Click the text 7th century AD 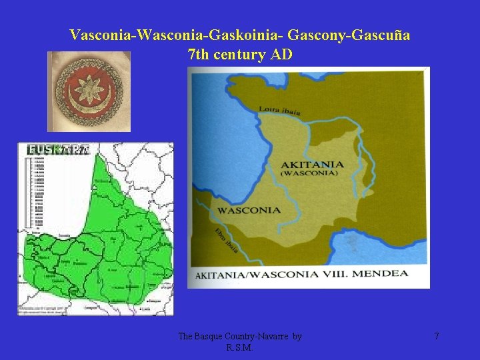(x=240, y=55)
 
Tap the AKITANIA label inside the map (x=313, y=164)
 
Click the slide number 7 (x=437, y=337)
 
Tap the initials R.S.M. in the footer (x=240, y=347)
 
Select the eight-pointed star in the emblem (x=89, y=91)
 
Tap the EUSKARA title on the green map (x=57, y=151)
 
